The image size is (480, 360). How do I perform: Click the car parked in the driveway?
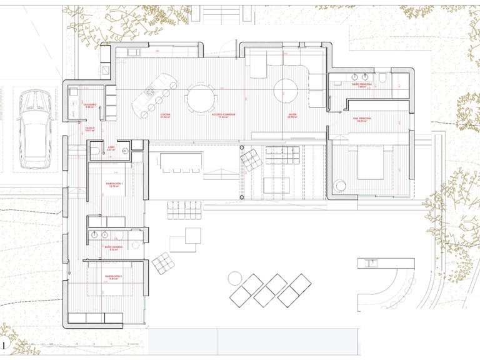[x=34, y=129]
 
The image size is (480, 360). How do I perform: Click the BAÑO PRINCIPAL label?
[x=361, y=84]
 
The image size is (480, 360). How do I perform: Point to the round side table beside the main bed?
[x=341, y=186]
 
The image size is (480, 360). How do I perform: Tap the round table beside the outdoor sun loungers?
[x=236, y=277]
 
